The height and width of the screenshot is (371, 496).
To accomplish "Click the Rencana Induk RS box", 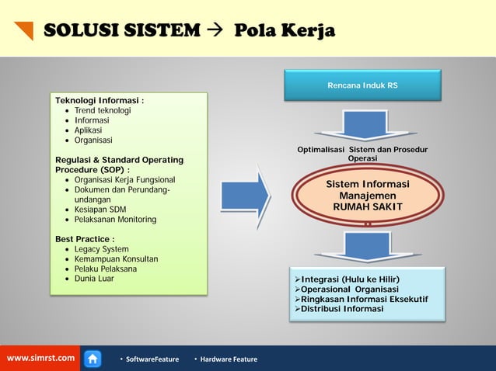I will [x=362, y=85].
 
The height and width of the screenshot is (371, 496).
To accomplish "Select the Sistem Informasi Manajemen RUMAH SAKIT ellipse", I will [x=367, y=196].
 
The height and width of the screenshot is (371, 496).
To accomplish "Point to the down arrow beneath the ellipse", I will [x=367, y=246].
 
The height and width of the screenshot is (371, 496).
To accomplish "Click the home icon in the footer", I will [x=93, y=359].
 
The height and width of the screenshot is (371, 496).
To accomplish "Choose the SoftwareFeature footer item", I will [x=151, y=359].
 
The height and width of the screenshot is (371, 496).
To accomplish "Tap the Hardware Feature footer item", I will [x=228, y=359].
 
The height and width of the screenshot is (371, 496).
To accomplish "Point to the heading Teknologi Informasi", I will [x=100, y=101].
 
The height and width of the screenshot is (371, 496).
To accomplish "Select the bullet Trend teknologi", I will [x=103, y=111].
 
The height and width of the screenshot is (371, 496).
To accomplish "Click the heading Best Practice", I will [x=85, y=239].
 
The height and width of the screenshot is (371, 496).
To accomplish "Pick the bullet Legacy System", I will [x=102, y=249].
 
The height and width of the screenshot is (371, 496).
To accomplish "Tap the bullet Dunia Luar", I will [x=94, y=279].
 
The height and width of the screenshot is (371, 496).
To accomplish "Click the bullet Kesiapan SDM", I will [x=100, y=210].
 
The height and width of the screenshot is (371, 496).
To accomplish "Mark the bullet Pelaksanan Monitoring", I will [x=115, y=220].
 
